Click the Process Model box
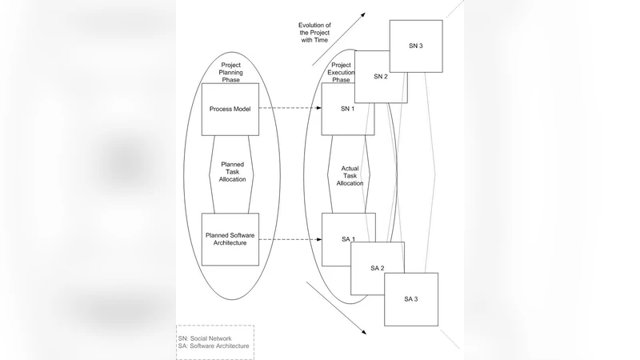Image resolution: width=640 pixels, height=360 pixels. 230,109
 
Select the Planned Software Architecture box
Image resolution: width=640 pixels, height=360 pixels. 230,239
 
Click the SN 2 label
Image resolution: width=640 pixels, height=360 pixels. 380,76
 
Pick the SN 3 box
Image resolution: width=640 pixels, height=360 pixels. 416,46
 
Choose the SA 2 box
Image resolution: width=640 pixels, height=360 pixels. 378,268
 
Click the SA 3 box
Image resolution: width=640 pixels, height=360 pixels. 411,298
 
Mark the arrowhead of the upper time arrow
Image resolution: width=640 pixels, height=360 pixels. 364,13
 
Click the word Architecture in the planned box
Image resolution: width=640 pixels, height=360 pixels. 231,244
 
